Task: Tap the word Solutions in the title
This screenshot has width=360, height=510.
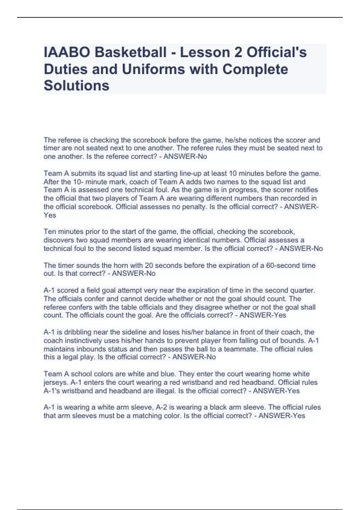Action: pyautogui.click(x=76, y=86)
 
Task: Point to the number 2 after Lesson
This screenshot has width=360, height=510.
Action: pyautogui.click(x=237, y=52)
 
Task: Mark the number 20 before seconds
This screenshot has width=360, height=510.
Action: pyautogui.click(x=149, y=265)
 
